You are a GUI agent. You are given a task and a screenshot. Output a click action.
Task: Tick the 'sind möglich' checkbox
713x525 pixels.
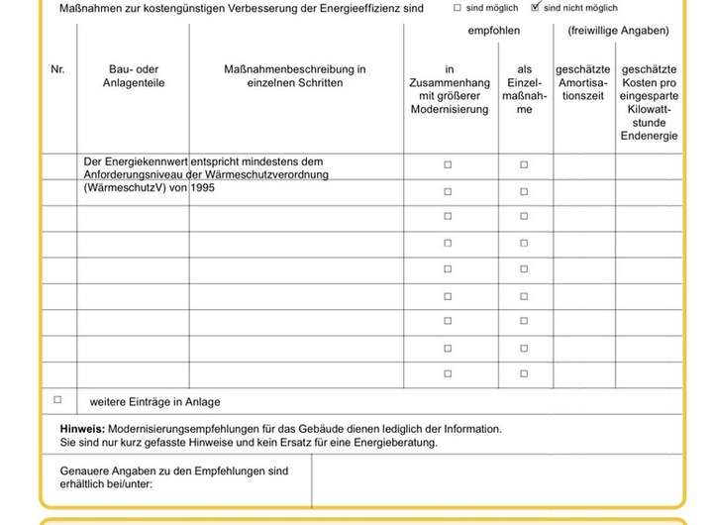pos(458,7)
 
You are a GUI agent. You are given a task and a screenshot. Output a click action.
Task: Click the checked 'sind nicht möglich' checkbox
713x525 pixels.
pos(536,7)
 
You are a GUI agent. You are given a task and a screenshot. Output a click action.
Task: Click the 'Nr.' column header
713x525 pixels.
pos(57,69)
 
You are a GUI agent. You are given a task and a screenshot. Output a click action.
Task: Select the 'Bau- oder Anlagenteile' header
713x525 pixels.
pos(134,76)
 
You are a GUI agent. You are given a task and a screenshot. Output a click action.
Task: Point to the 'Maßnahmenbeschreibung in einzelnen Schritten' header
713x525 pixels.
pos(295,76)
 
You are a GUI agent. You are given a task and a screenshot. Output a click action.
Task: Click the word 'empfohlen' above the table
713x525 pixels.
pos(493,31)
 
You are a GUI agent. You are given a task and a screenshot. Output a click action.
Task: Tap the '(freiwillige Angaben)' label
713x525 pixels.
pos(618,31)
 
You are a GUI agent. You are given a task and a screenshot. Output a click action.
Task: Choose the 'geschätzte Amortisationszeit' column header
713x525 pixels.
pos(583,83)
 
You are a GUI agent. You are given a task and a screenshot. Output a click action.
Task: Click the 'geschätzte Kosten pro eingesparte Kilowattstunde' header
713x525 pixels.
pos(649,102)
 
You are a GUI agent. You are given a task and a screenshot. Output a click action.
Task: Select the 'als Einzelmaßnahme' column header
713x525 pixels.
pos(524,89)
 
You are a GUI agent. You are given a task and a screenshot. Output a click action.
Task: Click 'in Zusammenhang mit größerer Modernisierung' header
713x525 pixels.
pos(450,89)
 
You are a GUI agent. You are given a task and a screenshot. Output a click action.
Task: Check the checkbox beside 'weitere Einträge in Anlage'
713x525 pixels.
pos(57,400)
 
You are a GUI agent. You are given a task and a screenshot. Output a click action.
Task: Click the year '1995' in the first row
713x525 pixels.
pos(201,187)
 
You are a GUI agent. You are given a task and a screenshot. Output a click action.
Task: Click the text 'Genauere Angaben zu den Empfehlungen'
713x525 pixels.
pos(174,471)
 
